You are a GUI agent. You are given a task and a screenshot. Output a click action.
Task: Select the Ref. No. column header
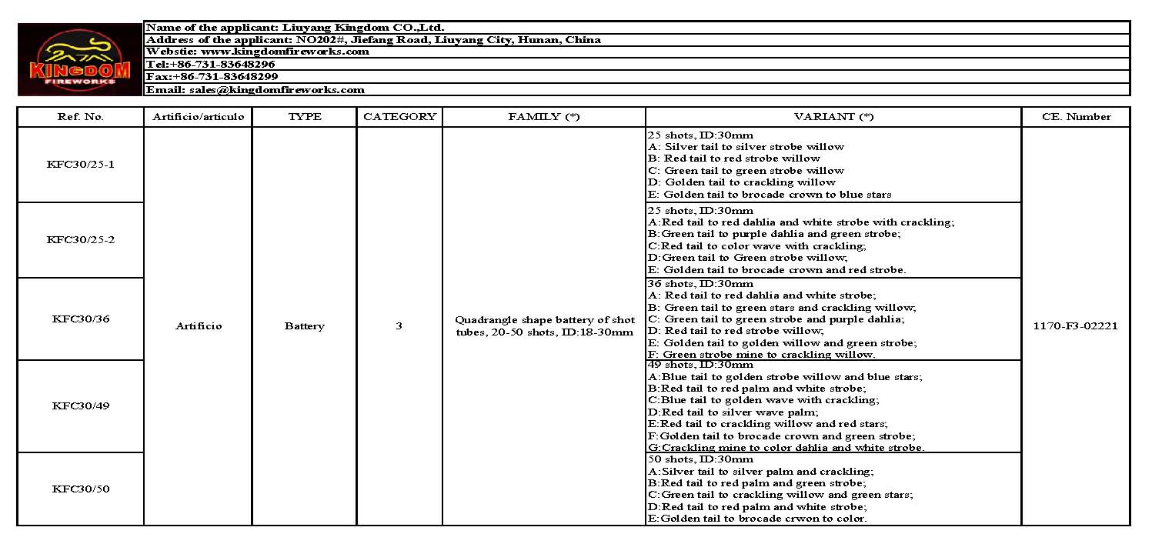(x=80, y=117)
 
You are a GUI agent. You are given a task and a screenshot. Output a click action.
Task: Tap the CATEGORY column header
(x=399, y=117)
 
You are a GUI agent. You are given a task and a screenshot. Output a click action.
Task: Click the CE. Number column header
(x=1076, y=117)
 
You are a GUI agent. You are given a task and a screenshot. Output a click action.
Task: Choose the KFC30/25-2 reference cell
(x=80, y=239)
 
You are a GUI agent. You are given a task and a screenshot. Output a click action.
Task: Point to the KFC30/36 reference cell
(x=80, y=319)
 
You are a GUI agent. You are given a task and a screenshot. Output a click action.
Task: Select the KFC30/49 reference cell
(x=80, y=405)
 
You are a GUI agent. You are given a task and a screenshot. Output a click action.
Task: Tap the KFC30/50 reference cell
(x=80, y=489)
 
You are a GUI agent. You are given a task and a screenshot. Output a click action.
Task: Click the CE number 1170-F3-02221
(x=1076, y=325)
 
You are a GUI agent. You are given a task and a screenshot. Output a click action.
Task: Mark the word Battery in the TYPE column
(x=304, y=326)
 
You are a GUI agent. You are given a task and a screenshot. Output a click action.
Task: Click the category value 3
(x=399, y=325)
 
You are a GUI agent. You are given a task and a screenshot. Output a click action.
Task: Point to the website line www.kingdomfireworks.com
(x=258, y=52)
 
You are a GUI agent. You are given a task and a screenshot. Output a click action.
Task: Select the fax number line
(x=212, y=77)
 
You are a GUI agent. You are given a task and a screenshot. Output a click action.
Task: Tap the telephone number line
(x=210, y=65)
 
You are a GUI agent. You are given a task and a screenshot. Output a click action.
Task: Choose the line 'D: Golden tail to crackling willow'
(x=742, y=182)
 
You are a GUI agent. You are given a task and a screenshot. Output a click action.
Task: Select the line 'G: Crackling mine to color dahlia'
(x=786, y=447)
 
